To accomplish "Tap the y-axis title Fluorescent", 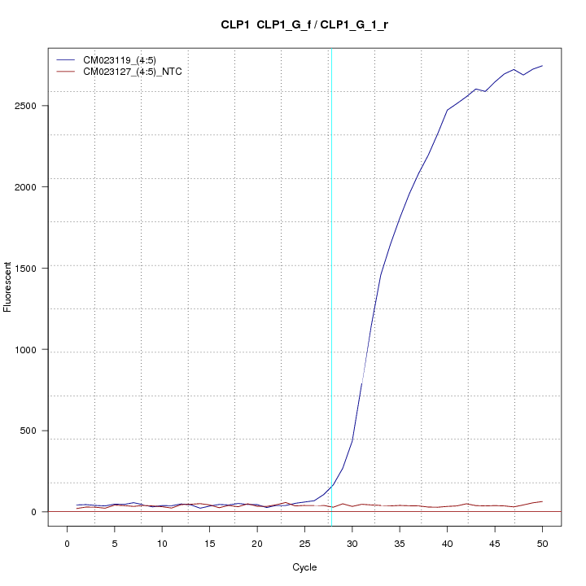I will click(8, 287).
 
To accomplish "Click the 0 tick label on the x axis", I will click(67, 543).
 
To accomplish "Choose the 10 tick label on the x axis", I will click(162, 543).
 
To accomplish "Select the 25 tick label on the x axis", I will click(304, 543).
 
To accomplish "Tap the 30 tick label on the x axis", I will click(352, 543).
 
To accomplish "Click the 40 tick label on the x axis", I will click(447, 543).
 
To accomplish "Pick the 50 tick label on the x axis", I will click(542, 543).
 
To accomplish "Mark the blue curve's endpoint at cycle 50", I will click(542, 66).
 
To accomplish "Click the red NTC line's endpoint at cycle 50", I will click(542, 501).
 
